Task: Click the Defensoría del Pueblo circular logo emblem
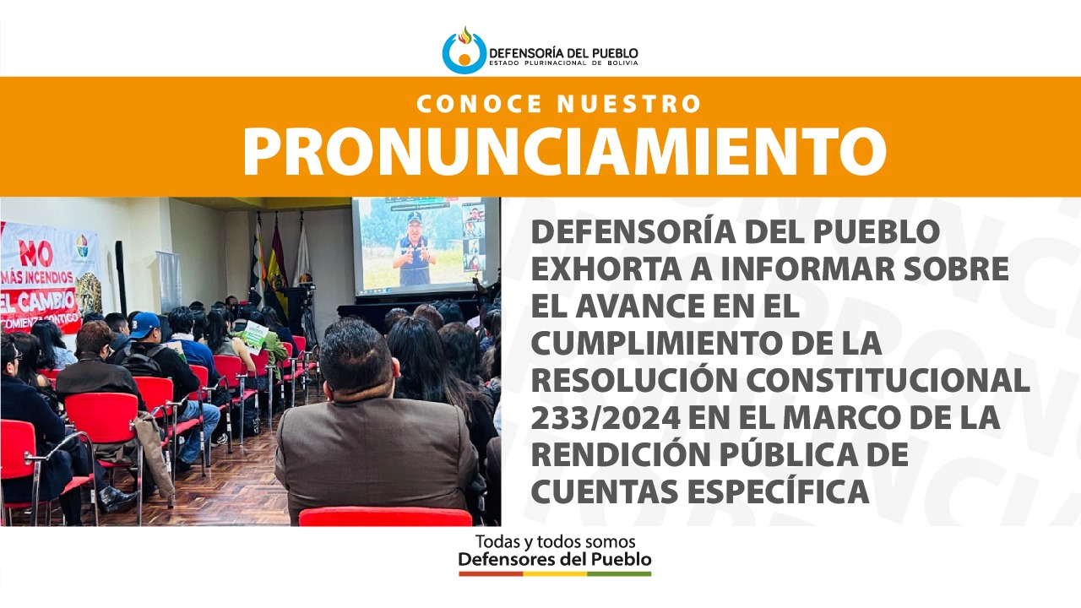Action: tap(464, 52)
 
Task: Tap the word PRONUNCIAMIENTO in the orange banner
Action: tap(564, 151)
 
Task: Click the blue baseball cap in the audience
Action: tap(144, 323)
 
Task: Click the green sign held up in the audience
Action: tap(253, 333)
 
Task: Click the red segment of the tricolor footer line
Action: tap(491, 574)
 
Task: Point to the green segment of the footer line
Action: tap(619, 574)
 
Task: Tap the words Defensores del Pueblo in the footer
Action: tap(555, 559)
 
